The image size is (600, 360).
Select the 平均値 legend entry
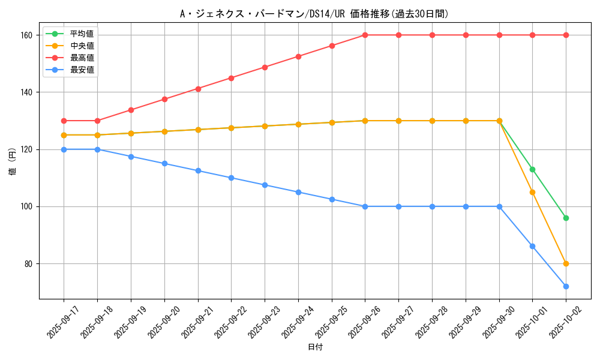pos(82,34)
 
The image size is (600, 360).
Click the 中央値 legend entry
pos(82,46)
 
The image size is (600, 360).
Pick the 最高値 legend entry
pos(82,58)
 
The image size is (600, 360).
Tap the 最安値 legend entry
pos(82,70)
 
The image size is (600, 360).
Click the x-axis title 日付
pos(315,347)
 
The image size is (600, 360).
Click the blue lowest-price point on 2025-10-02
pos(566,286)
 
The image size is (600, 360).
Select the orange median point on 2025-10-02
pos(566,263)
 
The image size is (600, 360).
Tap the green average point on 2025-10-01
pos(532,169)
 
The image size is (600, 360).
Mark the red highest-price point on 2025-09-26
pos(365,35)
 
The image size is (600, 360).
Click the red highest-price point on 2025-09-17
pos(64,121)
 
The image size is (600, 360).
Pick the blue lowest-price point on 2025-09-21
pos(198,170)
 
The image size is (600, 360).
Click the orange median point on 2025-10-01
pos(532,192)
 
